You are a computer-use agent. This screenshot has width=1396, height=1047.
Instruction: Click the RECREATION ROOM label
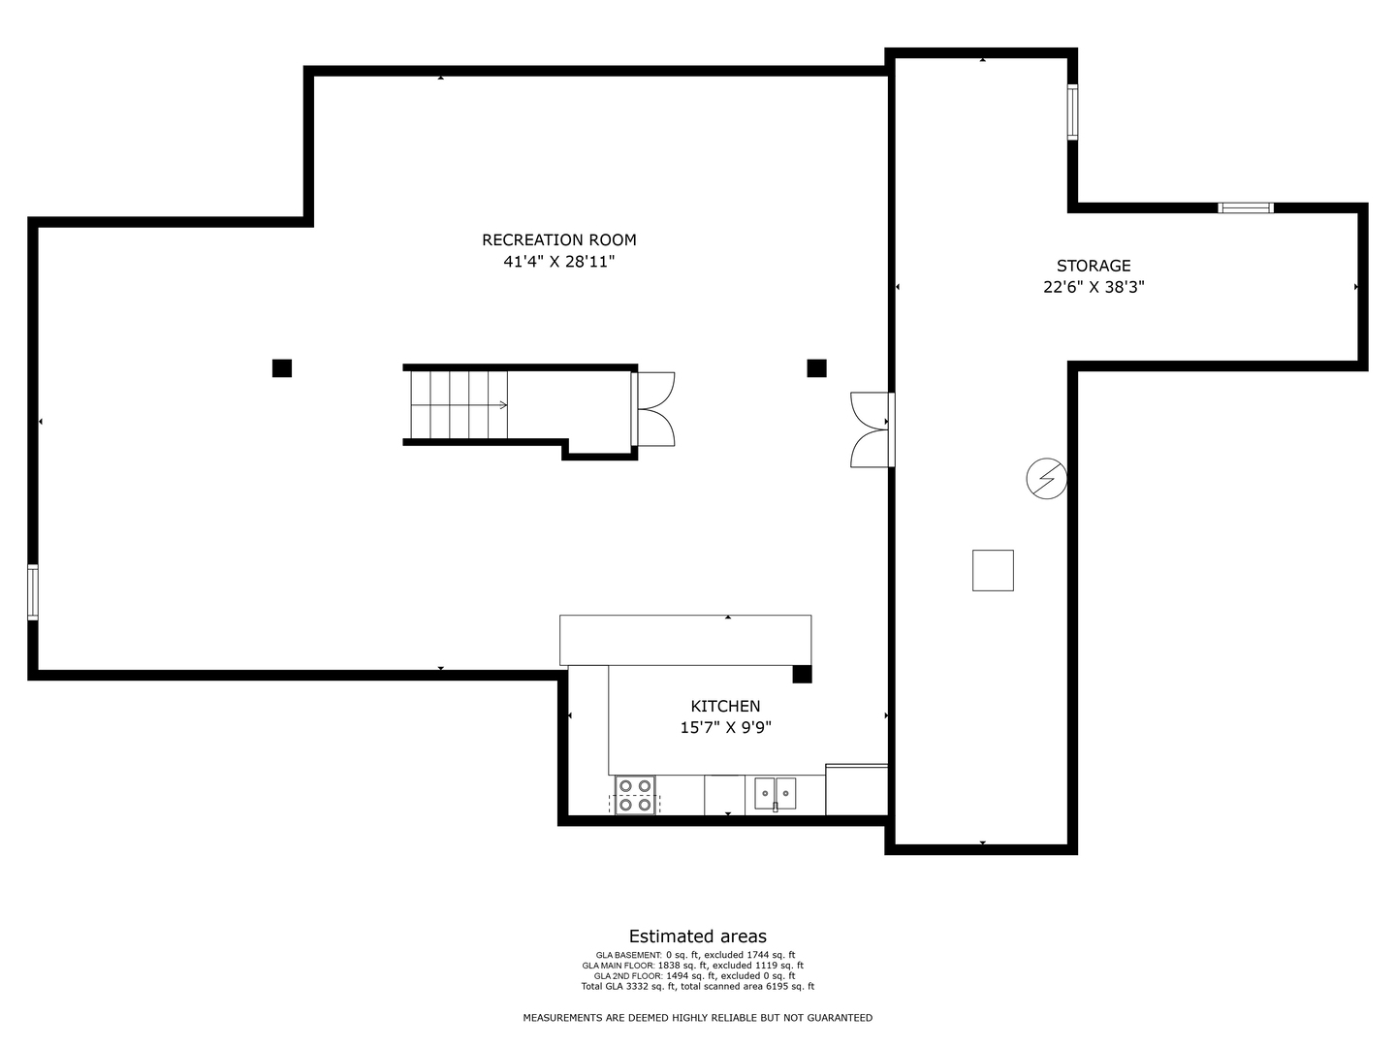pyautogui.click(x=559, y=239)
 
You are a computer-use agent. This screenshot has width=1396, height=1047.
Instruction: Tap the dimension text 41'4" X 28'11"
pyautogui.click(x=559, y=262)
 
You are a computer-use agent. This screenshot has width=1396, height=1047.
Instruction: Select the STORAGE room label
pyautogui.click(x=1094, y=266)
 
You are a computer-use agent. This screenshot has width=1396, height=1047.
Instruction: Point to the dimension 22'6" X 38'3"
pyautogui.click(x=1094, y=287)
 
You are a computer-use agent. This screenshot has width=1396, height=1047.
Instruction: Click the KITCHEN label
pyautogui.click(x=725, y=707)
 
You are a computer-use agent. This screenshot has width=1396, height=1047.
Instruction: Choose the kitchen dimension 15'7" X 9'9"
pyautogui.click(x=725, y=728)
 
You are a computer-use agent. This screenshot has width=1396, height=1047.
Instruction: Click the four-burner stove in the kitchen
pyautogui.click(x=635, y=795)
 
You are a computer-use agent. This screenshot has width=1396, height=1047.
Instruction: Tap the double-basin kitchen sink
pyautogui.click(x=776, y=793)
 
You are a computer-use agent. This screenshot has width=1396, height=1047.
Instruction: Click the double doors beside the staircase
pyautogui.click(x=655, y=408)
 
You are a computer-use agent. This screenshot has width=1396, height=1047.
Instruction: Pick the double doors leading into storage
pyautogui.click(x=871, y=429)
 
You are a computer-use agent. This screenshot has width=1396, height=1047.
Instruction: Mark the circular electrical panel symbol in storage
pyautogui.click(x=1047, y=479)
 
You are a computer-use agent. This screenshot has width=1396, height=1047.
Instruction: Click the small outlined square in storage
pyautogui.click(x=993, y=570)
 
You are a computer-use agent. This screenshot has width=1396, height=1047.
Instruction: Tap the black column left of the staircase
pyautogui.click(x=282, y=368)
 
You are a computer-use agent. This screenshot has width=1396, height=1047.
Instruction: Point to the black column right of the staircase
pyautogui.click(x=816, y=368)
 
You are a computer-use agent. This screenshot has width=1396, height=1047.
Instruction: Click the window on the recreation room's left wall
pyautogui.click(x=33, y=591)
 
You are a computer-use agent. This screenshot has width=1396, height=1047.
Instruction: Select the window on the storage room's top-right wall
pyautogui.click(x=1246, y=207)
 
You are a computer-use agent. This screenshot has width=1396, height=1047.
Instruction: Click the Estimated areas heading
pyautogui.click(x=697, y=936)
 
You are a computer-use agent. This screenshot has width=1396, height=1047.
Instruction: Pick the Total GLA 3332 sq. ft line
pyautogui.click(x=697, y=987)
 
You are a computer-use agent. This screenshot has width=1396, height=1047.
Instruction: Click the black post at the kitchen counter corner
pyautogui.click(x=802, y=675)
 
